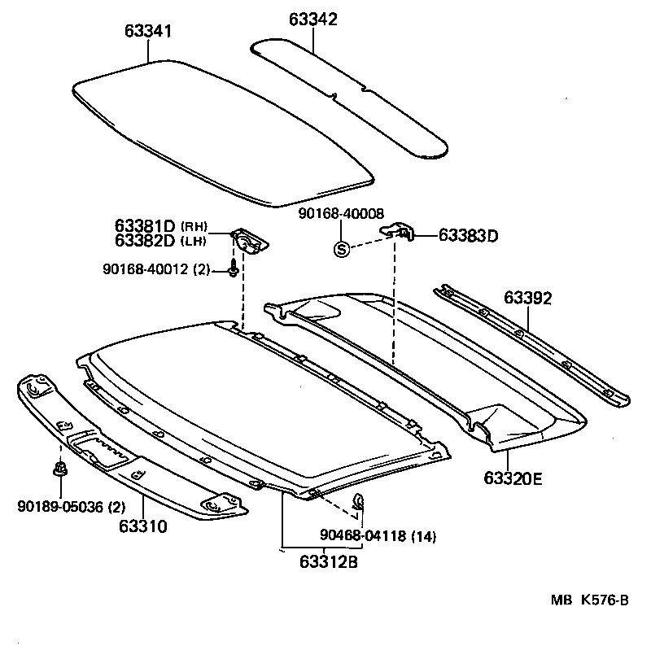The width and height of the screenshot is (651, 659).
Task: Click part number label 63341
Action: [148, 31]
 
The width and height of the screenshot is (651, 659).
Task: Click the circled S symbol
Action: [342, 249]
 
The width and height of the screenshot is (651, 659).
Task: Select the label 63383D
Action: [468, 236]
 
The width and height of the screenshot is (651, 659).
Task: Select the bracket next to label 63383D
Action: [400, 233]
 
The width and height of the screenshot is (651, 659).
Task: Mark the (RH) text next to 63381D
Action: [194, 226]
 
